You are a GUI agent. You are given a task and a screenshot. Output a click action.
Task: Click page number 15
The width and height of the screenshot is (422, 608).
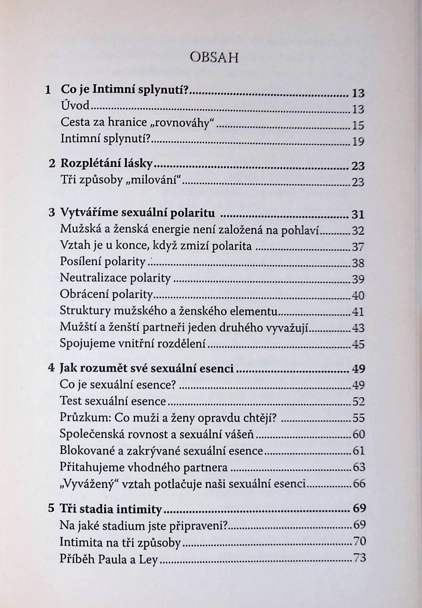tap(358, 125)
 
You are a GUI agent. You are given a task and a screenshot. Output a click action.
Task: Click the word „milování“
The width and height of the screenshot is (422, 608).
tap(159, 180)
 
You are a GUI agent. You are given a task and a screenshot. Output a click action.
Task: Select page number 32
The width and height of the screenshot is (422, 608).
tap(358, 230)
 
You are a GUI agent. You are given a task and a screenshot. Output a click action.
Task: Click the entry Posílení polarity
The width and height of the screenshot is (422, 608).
tap(103, 262)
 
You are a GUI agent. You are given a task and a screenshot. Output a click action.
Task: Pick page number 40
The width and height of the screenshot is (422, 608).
tap(358, 295)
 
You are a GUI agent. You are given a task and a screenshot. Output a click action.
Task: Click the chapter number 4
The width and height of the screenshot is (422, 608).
tap(52, 368)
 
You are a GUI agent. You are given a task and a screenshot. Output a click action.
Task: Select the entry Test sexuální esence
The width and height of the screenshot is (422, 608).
tap(113, 401)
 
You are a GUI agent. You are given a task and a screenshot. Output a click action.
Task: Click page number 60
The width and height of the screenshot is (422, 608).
tap(358, 434)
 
